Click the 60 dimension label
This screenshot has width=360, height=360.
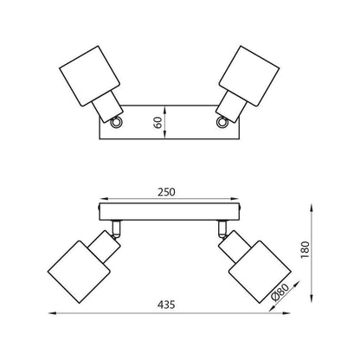157,123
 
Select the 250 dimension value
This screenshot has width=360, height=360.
166,192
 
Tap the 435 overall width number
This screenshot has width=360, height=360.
166,305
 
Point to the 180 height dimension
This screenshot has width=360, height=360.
305,250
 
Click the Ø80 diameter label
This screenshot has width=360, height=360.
280,292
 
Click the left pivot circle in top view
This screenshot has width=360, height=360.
116,122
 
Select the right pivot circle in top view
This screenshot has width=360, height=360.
222,122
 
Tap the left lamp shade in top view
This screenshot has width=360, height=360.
89,76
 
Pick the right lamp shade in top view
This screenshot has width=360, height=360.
249,76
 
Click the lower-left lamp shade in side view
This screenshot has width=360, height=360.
79,272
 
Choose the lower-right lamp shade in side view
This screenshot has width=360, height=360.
260,272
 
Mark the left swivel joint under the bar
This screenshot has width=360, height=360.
116,229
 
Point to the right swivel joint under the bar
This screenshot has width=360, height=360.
222,229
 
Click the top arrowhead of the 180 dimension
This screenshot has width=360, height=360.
312,207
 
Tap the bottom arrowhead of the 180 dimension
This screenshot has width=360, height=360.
312,299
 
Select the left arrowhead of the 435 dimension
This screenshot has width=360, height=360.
52,313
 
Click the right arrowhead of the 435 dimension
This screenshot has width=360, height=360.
286,313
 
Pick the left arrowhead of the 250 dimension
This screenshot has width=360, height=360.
104,199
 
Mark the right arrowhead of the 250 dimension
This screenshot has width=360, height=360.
235,199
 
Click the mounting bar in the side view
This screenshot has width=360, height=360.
170,211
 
